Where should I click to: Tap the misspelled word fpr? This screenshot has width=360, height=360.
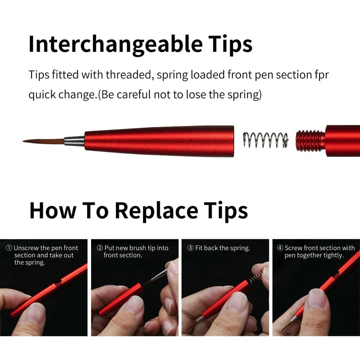click(321, 75)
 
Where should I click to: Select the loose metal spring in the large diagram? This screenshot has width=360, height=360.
click(266, 140)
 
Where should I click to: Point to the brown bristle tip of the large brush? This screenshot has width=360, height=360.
click(44, 141)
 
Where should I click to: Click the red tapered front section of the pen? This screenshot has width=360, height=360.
click(159, 141)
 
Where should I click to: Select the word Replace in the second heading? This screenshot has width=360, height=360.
click(156, 210)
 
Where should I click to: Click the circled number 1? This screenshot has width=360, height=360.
click(9, 248)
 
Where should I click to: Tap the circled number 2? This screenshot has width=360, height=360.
click(100, 248)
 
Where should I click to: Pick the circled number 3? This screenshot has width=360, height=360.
click(190, 248)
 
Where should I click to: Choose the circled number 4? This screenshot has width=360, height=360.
click(280, 248)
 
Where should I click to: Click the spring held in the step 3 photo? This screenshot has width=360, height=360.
click(256, 276)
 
